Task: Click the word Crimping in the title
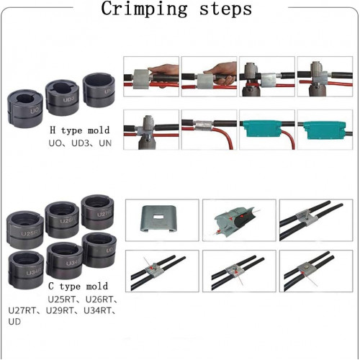pos(144,9)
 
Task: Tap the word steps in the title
pos(225,10)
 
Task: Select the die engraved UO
pos(25,109)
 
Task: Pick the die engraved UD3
pos(63,97)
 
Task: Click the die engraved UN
pos(99,90)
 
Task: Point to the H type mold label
pos(80,130)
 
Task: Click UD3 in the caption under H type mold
pos(80,143)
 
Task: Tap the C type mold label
pos(78,286)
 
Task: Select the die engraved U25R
pos(25,230)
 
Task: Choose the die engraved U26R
pos(62,220)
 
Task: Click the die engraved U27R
pos(97,212)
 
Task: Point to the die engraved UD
pos(99,250)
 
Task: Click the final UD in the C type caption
pos(14,322)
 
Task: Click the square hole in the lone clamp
pos(158,217)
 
